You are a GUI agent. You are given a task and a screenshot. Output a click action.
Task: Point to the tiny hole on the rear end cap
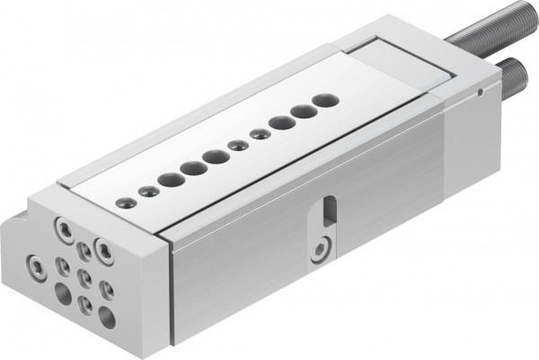coord(482,90)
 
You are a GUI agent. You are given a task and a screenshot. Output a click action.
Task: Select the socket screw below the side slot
coord(321,247)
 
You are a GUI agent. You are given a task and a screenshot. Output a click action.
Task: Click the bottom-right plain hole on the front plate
coord(106,314)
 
